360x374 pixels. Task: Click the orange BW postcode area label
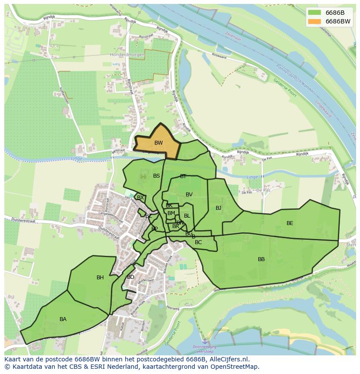point(159,143)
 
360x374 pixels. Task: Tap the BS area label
point(157,176)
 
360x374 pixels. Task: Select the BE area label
point(290,223)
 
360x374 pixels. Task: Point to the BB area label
point(261,259)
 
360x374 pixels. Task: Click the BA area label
point(63,319)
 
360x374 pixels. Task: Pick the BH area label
point(100,278)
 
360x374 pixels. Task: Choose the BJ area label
point(218,208)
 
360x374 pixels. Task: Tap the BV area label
point(189,195)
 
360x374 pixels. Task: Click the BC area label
point(198,242)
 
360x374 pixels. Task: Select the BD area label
point(130,277)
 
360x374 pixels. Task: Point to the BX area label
point(140,198)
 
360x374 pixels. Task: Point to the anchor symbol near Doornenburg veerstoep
point(205,342)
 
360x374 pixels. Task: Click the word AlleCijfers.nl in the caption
point(230,359)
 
